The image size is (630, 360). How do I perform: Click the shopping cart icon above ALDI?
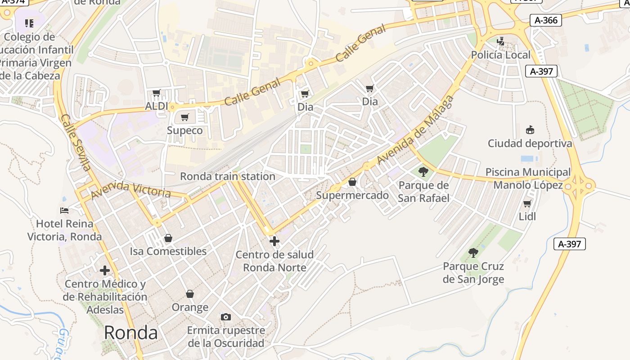[157, 93]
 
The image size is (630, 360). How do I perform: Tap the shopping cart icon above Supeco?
[184, 117]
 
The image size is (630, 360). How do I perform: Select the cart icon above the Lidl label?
[527, 203]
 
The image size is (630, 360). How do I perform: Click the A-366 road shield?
[545, 20]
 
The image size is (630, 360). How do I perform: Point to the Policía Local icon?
[500, 42]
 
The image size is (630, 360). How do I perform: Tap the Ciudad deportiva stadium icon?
[530, 130]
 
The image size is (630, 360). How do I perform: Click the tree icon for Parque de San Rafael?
[423, 171]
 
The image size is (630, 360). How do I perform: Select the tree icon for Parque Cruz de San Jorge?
[473, 253]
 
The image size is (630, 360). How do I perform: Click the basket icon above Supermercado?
[352, 182]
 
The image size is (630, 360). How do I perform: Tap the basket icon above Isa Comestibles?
[168, 238]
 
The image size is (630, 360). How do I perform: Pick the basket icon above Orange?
[190, 294]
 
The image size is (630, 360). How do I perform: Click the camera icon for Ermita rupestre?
[226, 317]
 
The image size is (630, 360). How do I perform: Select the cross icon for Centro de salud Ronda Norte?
[274, 241]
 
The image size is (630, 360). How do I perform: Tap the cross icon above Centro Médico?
[105, 270]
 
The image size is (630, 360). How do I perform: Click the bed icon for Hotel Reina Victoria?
[64, 210]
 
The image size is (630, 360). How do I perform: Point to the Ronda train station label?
[227, 176]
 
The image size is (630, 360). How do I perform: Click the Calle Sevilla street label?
[75, 142]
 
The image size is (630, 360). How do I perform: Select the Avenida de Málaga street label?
[415, 130]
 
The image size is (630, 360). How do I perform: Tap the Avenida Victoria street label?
[130, 190]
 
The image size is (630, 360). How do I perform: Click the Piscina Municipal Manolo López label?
[528, 179]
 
